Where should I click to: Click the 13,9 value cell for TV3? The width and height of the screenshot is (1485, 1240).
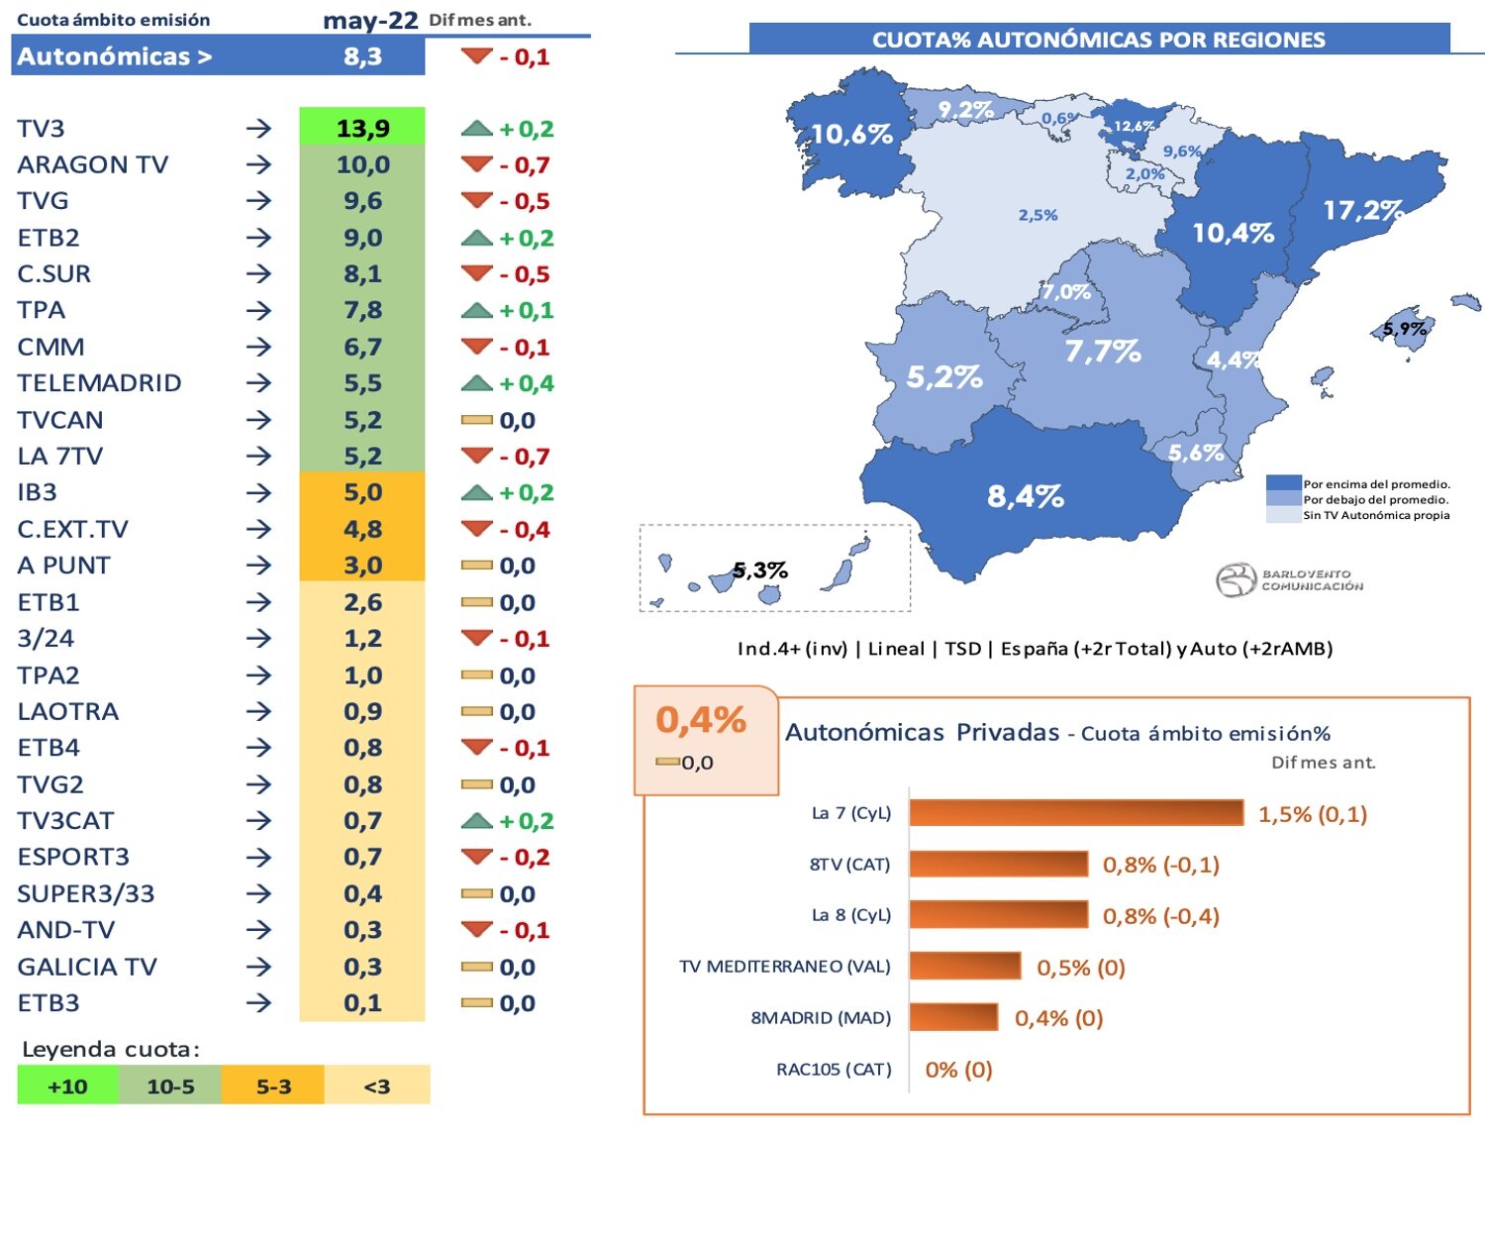click(362, 128)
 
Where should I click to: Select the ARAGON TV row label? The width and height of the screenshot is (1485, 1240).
click(93, 164)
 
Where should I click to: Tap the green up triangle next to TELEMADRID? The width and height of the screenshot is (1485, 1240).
click(476, 382)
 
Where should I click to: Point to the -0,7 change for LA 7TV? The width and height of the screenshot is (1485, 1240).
click(525, 457)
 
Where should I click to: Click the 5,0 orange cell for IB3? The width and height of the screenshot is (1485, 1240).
click(362, 492)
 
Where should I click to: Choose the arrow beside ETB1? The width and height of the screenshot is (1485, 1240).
click(258, 602)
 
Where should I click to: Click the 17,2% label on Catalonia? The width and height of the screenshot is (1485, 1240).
click(1362, 210)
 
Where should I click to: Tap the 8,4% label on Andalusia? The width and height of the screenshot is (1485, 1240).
click(1025, 496)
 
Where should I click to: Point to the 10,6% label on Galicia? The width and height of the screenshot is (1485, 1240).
click(851, 134)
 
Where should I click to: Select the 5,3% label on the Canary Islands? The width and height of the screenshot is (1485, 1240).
click(760, 570)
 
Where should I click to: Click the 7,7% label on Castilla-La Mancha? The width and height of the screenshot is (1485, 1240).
click(1102, 352)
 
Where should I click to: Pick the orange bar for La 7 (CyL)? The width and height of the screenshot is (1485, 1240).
click(1075, 813)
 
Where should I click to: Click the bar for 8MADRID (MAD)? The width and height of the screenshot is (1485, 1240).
click(953, 1017)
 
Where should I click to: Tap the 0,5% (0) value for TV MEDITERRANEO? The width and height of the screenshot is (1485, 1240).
click(1080, 968)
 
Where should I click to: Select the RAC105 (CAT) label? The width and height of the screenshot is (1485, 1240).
click(834, 1070)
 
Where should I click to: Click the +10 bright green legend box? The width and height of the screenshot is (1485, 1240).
click(67, 1085)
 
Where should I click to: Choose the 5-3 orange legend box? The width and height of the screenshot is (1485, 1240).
click(273, 1085)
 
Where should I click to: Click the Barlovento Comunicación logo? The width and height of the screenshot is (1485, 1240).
click(1289, 580)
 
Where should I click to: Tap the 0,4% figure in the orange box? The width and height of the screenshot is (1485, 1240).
click(700, 720)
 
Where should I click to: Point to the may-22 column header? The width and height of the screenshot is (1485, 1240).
click(370, 21)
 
